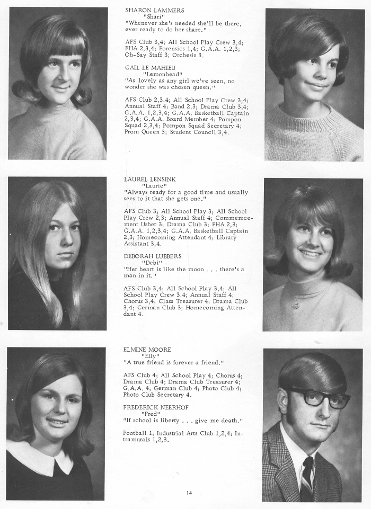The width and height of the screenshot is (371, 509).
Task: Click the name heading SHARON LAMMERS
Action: click(x=155, y=10)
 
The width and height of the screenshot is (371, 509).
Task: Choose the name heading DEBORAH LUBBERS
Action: click(x=153, y=256)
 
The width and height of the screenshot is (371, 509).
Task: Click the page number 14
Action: click(x=189, y=493)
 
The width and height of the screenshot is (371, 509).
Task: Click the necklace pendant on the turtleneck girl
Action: click(x=296, y=306)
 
